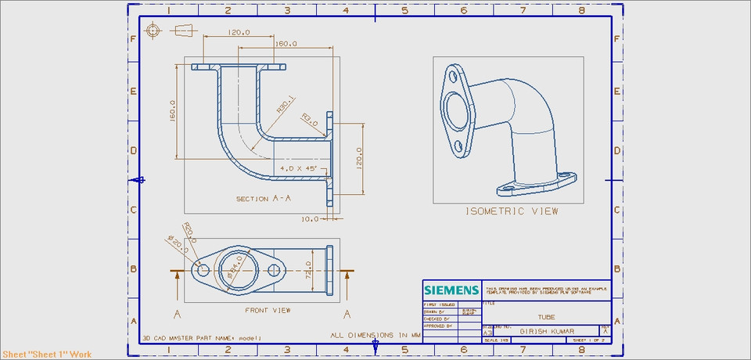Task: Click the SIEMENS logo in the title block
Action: [x=451, y=290]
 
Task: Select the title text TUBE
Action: [x=547, y=317]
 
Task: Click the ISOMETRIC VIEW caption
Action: [x=512, y=211]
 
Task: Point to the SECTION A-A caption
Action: [x=264, y=199]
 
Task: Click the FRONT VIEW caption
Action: [x=268, y=311]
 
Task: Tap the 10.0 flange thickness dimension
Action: [x=310, y=219]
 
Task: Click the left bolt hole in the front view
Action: [x=203, y=270]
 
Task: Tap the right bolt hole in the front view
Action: [x=274, y=270]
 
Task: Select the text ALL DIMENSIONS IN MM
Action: [x=375, y=335]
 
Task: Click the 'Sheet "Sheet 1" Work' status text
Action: [x=46, y=355]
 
